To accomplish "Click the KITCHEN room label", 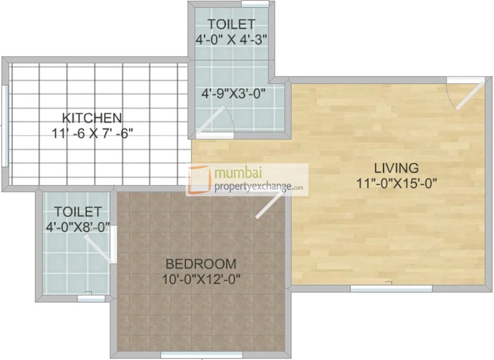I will click(92, 118).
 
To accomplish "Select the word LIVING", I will click(396, 168).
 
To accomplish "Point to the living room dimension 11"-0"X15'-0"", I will click(396, 183).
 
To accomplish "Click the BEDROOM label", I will click(200, 263).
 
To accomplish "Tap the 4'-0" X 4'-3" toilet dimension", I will click(232, 39).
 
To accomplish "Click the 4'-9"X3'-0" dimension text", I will click(233, 95).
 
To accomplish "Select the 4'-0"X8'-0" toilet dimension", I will click(78, 227).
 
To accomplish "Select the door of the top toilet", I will click(210, 120).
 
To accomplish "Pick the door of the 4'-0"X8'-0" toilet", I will click(99, 249).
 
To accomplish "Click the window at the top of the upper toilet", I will click(255, 4).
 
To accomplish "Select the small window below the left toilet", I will click(85, 298).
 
